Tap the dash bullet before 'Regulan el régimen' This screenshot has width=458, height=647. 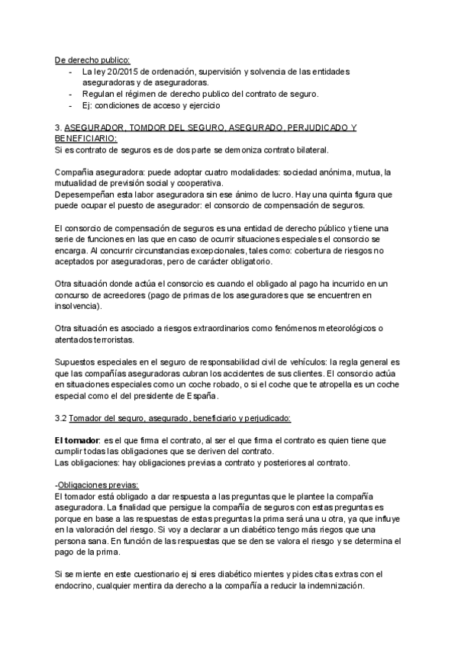[71, 93]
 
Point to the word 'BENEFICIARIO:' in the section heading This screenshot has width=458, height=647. [85, 138]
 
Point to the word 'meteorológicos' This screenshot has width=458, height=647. [337, 328]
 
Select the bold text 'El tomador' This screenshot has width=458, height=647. [78, 440]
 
